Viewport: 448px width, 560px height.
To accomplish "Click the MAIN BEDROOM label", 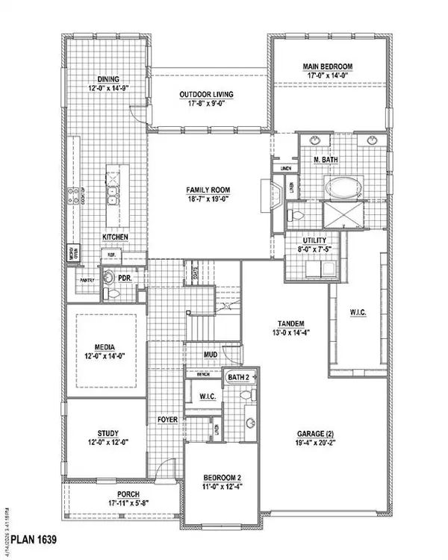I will click(327, 66).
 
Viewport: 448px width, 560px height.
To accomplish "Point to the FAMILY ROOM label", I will click(207, 190).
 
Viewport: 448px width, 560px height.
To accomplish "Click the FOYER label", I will click(167, 420).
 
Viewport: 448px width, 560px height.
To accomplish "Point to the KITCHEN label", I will click(115, 237).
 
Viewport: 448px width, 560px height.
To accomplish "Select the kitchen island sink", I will click(111, 196).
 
